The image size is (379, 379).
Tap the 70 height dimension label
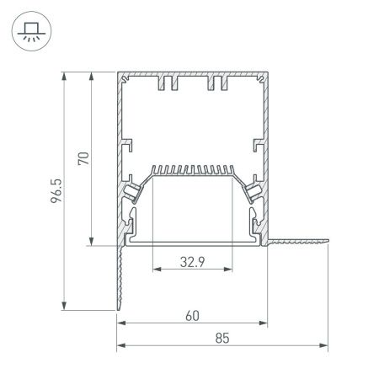pos(82,160)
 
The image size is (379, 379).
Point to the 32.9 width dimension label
pos(192,261)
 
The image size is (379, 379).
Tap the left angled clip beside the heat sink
pos(133,192)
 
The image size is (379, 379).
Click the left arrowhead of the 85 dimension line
pos(120,345)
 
